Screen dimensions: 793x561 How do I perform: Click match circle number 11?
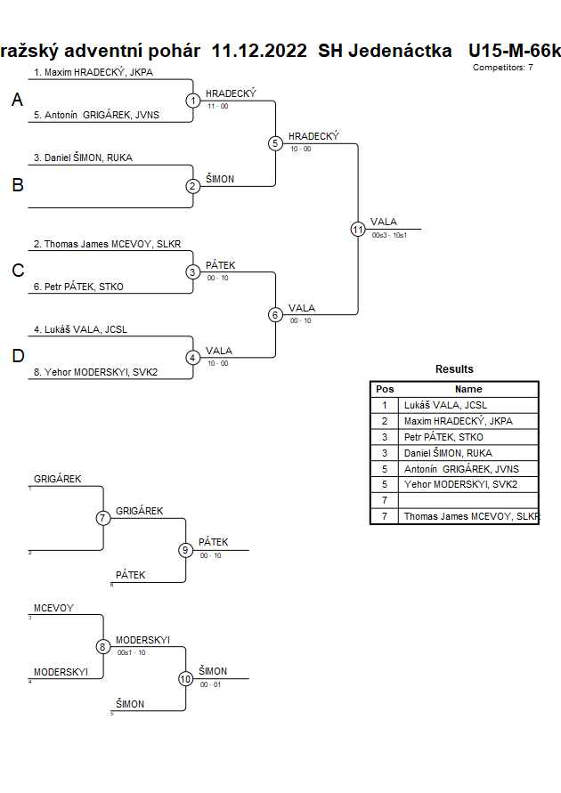358,229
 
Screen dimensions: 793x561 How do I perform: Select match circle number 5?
275,143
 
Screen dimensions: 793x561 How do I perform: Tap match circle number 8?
103,647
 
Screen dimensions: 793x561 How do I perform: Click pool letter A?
17,101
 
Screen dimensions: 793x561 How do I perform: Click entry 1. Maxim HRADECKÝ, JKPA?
93,72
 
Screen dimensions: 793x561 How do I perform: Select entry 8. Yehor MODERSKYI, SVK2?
95,372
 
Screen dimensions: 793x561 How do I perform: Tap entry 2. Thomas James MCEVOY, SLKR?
107,244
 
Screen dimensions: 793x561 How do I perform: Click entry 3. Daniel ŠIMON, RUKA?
83,158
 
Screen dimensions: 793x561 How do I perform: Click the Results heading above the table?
454,369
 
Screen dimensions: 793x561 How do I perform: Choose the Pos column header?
385,389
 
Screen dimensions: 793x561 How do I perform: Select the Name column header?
468,389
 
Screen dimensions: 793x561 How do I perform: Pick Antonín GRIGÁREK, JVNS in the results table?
460,469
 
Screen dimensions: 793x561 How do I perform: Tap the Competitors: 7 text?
503,68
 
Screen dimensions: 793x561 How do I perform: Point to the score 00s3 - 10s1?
389,235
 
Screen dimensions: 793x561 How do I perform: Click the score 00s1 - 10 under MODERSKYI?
131,652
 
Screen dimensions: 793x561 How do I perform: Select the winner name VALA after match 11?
384,223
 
